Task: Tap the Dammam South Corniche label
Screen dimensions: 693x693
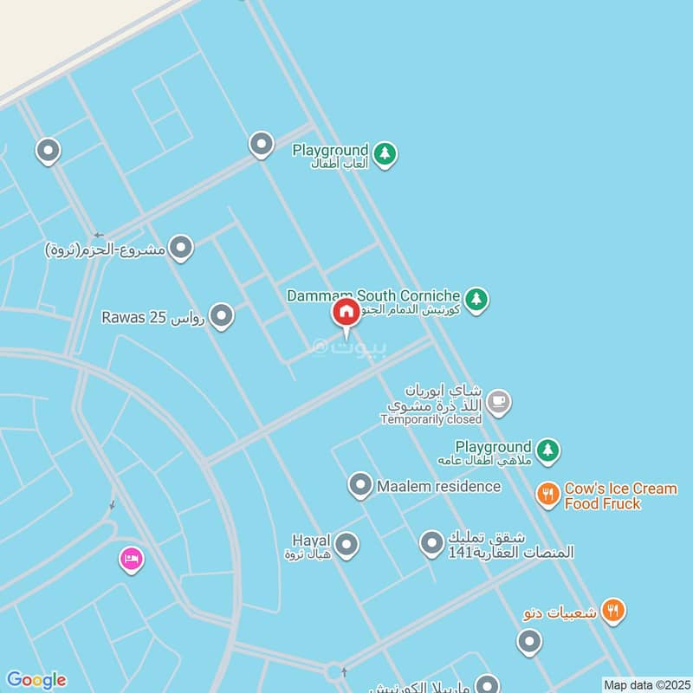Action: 374,296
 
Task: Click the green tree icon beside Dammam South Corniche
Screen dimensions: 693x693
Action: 475,300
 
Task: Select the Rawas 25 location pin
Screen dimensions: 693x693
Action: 222,316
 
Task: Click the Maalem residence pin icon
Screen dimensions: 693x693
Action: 360,485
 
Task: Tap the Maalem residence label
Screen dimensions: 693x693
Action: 438,486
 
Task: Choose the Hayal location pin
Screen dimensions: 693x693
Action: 346,545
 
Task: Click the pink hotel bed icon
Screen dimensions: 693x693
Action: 132,560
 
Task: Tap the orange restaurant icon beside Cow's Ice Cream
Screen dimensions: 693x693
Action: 547,494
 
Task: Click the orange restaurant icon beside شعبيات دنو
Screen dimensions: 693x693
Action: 613,611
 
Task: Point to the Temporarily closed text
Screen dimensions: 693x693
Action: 431,419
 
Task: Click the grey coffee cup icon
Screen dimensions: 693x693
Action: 498,401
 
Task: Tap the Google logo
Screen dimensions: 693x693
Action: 36,680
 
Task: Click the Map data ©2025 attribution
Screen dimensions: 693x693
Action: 644,684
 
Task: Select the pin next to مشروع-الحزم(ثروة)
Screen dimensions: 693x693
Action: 181,249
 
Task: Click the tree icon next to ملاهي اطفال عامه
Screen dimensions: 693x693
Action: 547,450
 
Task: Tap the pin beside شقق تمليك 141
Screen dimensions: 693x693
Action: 431,544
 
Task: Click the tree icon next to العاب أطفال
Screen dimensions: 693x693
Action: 385,155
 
